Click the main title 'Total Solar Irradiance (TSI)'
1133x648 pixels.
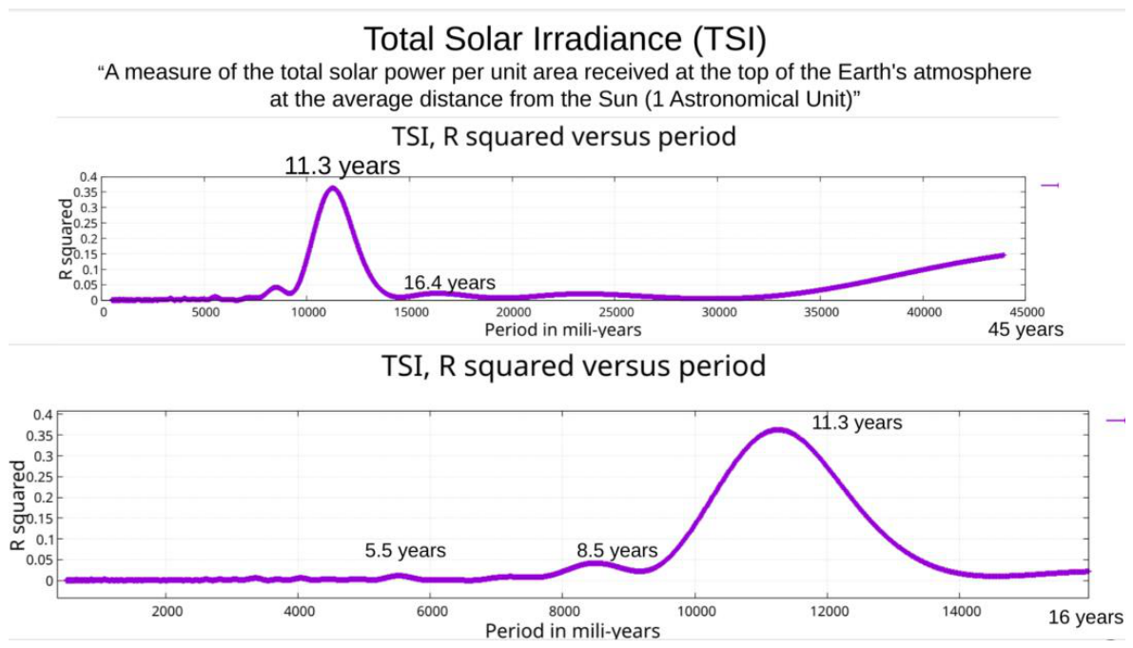(564, 39)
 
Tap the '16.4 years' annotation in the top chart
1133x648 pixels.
(449, 283)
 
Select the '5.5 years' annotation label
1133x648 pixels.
(405, 551)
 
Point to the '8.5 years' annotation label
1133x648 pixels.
(617, 551)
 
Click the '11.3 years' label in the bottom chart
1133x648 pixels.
(857, 422)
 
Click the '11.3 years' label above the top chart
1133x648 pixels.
(342, 166)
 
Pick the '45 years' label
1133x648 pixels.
(1026, 329)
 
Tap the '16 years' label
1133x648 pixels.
(1086, 618)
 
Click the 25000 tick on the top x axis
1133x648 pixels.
(616, 313)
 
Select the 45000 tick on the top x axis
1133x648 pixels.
(1026, 313)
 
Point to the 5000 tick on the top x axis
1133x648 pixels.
(205, 313)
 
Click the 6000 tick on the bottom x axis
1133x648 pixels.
(431, 612)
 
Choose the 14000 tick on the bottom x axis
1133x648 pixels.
(962, 612)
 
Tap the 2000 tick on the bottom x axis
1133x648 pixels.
(166, 612)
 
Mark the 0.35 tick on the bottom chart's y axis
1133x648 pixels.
(40, 436)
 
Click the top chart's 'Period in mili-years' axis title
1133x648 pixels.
(563, 330)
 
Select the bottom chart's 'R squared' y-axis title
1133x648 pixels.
(17, 505)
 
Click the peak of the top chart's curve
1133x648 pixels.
(332, 187)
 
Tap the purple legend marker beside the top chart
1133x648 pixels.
(1050, 186)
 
